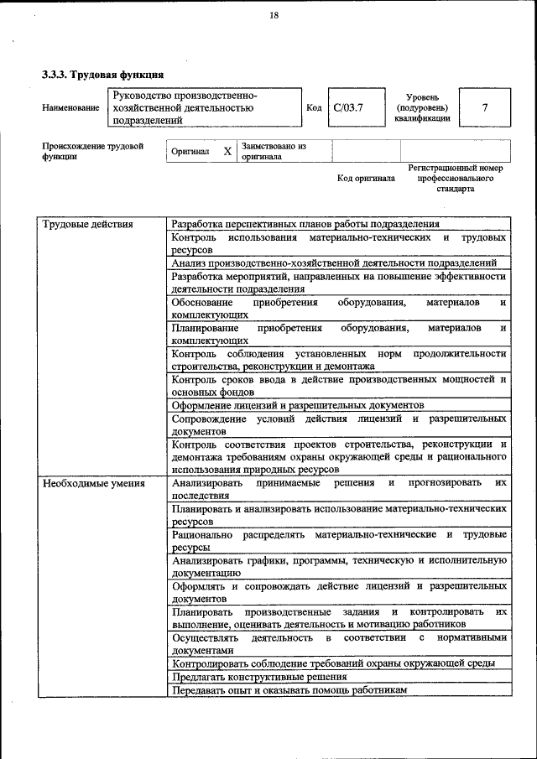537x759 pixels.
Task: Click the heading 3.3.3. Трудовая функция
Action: [102, 75]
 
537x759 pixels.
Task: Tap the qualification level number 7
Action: [484, 107]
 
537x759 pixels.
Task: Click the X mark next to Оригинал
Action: [227, 152]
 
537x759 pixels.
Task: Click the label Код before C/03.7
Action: [314, 108]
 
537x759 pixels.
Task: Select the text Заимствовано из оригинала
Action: [274, 151]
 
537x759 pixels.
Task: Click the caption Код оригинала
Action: [366, 178]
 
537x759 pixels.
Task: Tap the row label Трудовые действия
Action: [87, 224]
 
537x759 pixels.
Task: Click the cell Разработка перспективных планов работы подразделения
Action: [305, 224]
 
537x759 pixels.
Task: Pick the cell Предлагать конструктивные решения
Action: [259, 676]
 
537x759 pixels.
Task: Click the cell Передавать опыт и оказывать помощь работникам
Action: [289, 689]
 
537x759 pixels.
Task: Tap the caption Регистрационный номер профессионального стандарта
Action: [455, 178]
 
